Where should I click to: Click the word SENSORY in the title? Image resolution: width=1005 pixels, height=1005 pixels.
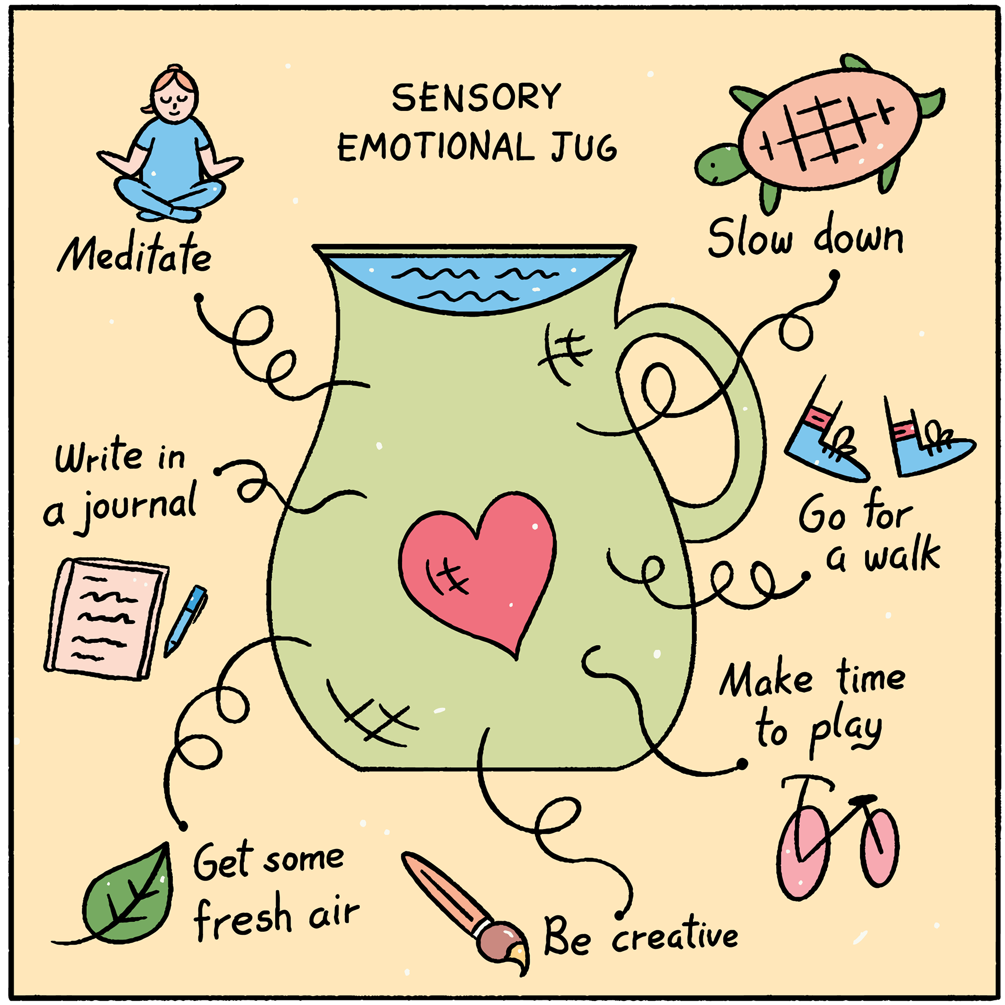click(476, 98)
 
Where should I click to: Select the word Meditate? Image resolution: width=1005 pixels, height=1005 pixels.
click(135, 255)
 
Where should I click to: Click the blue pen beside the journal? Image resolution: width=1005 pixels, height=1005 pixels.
click(186, 620)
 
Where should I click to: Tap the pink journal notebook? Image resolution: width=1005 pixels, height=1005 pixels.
click(107, 618)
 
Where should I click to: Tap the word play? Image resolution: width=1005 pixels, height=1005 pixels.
click(845, 730)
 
